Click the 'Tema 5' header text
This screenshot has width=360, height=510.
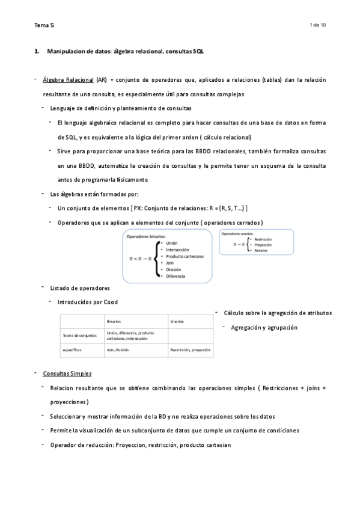pyautogui.click(x=44, y=25)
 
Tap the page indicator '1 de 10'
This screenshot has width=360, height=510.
pyautogui.click(x=317, y=25)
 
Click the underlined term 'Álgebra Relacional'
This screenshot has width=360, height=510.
pyautogui.click(x=69, y=79)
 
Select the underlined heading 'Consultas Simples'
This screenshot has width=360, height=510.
pyautogui.click(x=67, y=373)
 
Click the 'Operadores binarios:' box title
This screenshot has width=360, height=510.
pyautogui.click(x=147, y=236)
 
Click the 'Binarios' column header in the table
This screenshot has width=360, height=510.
pyautogui.click(x=114, y=322)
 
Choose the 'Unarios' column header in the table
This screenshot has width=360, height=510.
pyautogui.click(x=177, y=322)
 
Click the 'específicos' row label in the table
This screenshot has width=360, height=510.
pyautogui.click(x=72, y=349)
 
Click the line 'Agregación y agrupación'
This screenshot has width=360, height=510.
pyautogui.click(x=264, y=328)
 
